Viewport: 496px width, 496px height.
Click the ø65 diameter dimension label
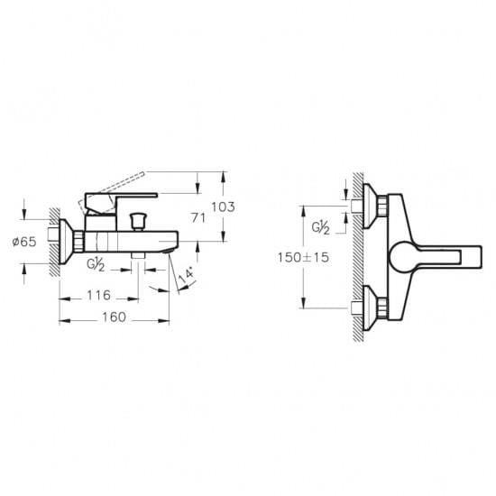[24, 242]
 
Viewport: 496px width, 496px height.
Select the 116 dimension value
[98, 296]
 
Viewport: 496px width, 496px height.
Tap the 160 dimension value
[115, 317]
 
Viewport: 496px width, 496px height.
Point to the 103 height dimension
[223, 207]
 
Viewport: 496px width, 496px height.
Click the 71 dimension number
[198, 217]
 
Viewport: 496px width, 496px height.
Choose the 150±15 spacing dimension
[303, 257]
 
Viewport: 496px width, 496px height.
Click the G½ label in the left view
[96, 265]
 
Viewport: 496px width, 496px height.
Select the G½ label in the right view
[320, 228]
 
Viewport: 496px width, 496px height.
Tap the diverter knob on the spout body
[138, 221]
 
